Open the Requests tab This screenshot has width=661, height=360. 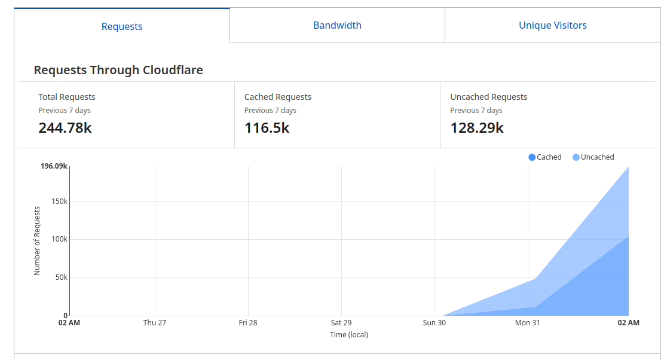tap(122, 26)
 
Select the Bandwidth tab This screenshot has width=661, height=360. tap(337, 25)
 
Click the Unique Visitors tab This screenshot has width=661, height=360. tap(553, 25)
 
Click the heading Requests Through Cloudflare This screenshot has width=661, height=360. tap(118, 70)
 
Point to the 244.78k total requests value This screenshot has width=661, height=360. tap(65, 127)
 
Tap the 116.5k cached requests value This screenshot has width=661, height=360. tap(267, 127)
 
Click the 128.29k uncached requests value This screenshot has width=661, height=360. tap(477, 127)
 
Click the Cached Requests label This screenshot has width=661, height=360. tap(278, 97)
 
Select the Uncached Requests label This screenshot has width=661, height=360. tap(489, 97)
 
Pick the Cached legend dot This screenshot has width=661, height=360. tap(532, 157)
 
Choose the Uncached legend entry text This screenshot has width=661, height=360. tap(598, 157)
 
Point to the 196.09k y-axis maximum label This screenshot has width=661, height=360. tap(54, 166)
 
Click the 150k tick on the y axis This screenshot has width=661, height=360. tap(60, 201)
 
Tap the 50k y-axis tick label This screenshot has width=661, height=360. tap(62, 277)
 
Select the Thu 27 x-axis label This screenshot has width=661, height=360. tap(155, 323)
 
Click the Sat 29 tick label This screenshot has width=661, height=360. tap(341, 323)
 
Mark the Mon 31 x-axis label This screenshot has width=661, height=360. tap(527, 323)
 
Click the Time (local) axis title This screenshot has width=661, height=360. tap(349, 335)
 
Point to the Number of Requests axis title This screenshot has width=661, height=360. tap(37, 241)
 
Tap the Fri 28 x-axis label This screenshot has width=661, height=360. tap(248, 323)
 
